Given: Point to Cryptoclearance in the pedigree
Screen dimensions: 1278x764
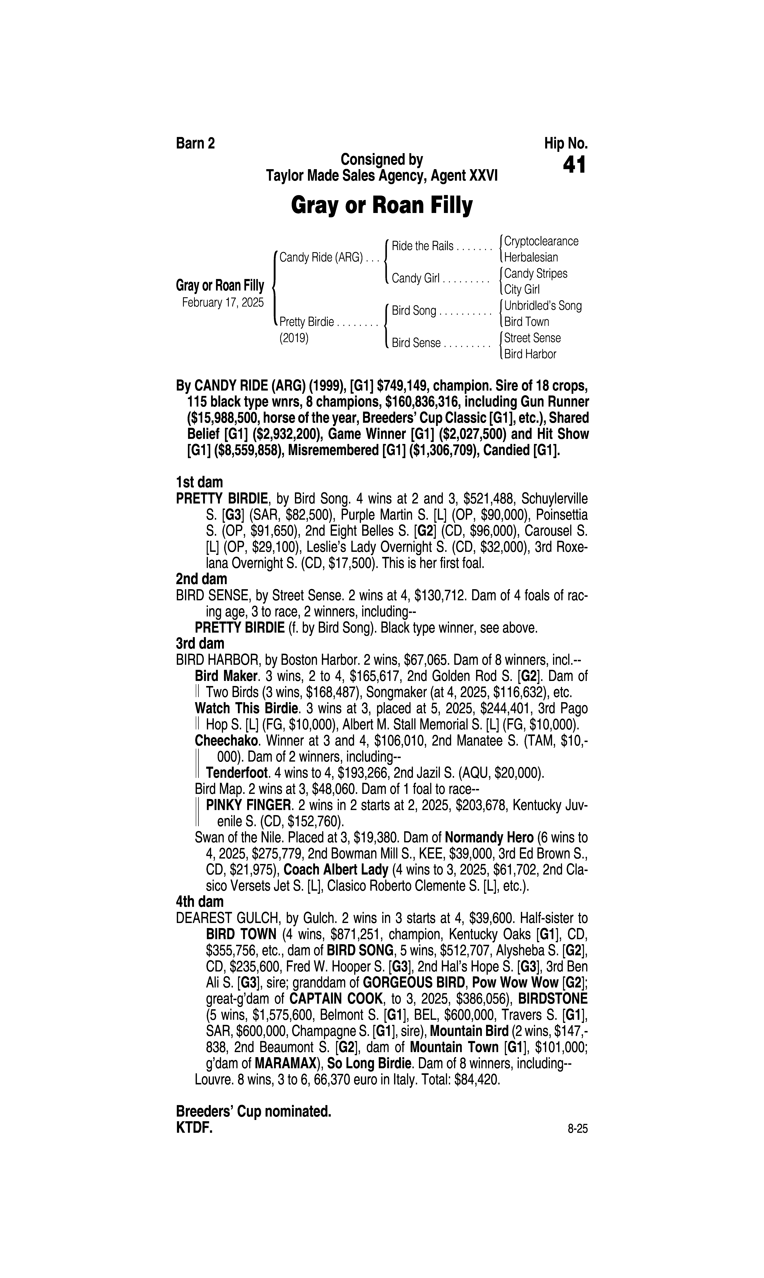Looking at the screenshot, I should tap(541, 241).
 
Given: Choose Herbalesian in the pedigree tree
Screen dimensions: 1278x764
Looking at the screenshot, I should tap(531, 258).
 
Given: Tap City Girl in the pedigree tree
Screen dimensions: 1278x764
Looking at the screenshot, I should tap(521, 290).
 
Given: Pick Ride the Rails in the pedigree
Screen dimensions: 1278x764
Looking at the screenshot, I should tap(422, 246).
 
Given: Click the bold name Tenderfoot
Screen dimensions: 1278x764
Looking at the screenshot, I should tap(237, 773).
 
